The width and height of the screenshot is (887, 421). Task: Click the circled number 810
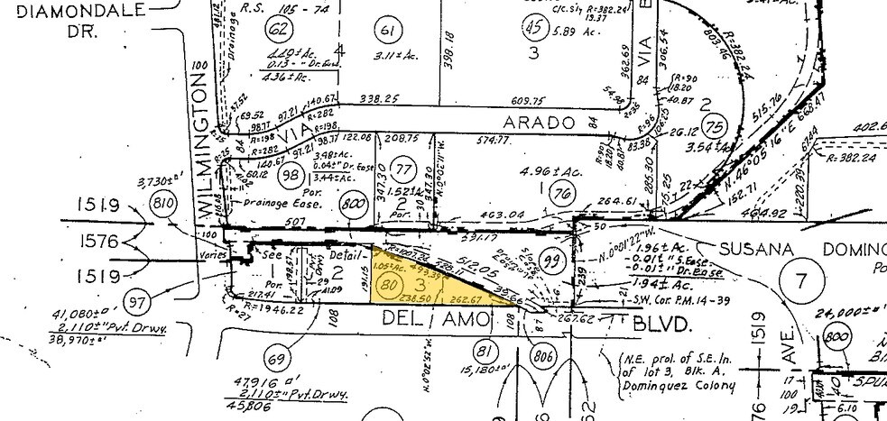163,201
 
